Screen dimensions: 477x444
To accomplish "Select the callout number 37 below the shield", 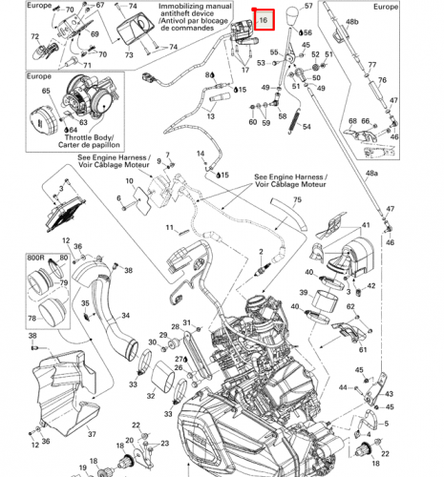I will (92, 433).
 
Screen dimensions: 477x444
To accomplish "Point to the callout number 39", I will (304, 295).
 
